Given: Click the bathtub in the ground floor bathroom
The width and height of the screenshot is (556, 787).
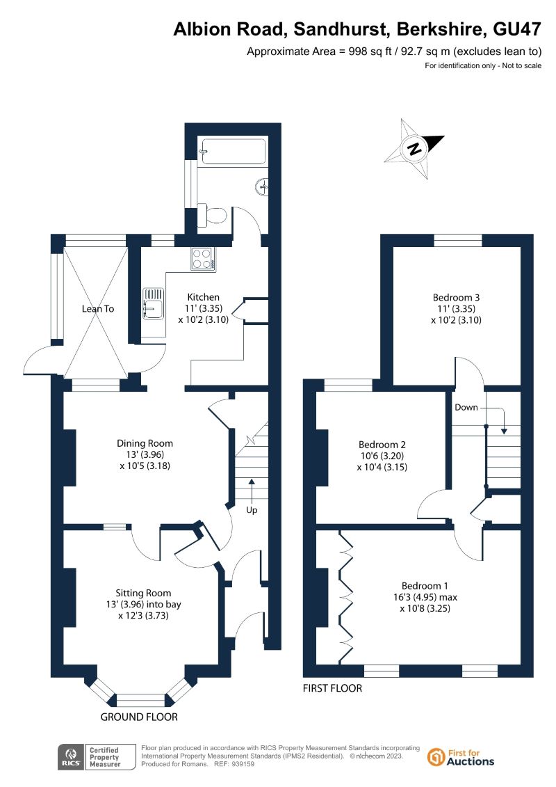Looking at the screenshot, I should pos(233,151).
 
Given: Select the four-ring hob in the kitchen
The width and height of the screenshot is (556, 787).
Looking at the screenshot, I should pos(202,259).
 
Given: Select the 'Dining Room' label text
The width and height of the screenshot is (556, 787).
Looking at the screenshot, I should pos(145,443).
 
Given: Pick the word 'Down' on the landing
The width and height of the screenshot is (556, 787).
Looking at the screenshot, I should pos(466,407).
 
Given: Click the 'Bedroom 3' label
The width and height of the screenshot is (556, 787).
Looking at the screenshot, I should pos(456,297).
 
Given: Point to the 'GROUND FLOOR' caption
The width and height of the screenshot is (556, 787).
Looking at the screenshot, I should pos(139,717).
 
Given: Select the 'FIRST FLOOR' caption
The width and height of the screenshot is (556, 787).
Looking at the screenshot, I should pos(332,688).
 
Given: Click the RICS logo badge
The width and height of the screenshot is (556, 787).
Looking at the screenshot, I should pos(70,756).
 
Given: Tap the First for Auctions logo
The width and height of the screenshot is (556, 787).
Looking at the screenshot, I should pos(461,757).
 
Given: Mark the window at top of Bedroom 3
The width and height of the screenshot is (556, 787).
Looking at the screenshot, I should pos(458,241).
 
